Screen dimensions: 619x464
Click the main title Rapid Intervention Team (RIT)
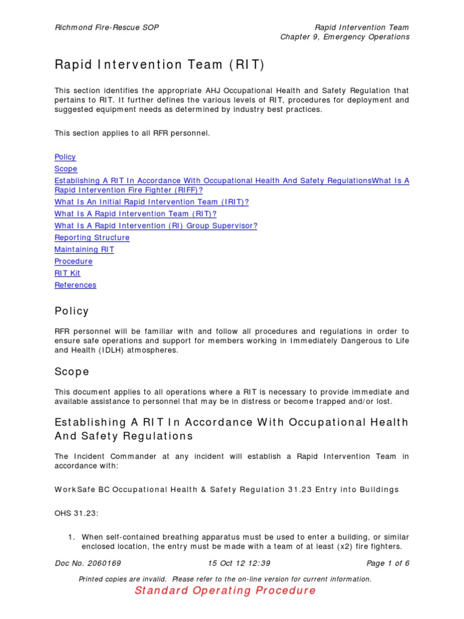pos(159,65)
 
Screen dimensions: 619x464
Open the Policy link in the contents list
pos(65,157)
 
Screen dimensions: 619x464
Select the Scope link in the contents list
pos(66,169)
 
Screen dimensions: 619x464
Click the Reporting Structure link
pos(92,238)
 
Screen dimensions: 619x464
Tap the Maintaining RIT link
pos(84,249)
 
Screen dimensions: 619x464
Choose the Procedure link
pos(74,261)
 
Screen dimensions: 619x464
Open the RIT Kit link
pos(67,273)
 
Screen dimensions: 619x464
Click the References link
pos(76,285)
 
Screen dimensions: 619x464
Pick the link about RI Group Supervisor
pos(156,225)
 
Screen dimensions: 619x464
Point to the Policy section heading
pos(71,311)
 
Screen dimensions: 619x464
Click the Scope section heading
pos(71,372)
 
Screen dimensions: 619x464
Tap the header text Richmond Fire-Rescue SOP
pos(107,28)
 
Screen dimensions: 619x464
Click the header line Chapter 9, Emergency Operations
pos(344,37)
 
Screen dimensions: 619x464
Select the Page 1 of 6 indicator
pos(388,563)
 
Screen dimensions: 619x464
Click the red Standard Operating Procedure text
pos(225,591)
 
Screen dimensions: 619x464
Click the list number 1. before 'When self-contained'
pos(70,537)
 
